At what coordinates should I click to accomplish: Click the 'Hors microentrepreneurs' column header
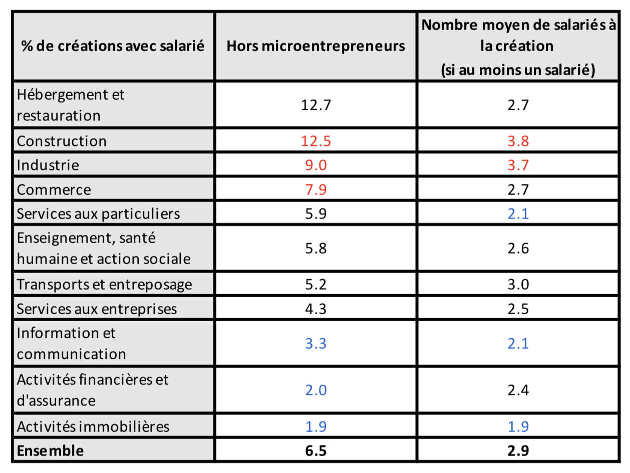pyautogui.click(x=316, y=46)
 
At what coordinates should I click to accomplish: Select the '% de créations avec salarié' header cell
pyautogui.click(x=113, y=46)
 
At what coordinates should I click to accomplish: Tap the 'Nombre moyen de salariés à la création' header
pyautogui.click(x=518, y=46)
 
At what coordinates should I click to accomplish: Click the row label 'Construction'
pyautogui.click(x=62, y=141)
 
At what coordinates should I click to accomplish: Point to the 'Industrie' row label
pyautogui.click(x=48, y=165)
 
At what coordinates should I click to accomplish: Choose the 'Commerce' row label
pyautogui.click(x=54, y=189)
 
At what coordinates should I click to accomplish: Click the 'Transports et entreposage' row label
pyautogui.click(x=104, y=284)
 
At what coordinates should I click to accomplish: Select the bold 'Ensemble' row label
pyautogui.click(x=50, y=450)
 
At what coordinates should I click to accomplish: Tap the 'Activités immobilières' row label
pyautogui.click(x=93, y=426)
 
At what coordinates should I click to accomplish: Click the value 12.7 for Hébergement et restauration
pyautogui.click(x=316, y=105)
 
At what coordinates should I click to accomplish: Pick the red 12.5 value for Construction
pyautogui.click(x=316, y=141)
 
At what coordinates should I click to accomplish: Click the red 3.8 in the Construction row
pyautogui.click(x=518, y=141)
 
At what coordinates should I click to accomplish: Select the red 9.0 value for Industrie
pyautogui.click(x=316, y=165)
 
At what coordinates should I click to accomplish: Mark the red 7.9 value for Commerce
pyautogui.click(x=316, y=189)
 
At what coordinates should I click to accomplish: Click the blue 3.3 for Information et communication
pyautogui.click(x=316, y=343)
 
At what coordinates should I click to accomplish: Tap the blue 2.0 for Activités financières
pyautogui.click(x=316, y=390)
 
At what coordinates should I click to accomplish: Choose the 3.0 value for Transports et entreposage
pyautogui.click(x=518, y=284)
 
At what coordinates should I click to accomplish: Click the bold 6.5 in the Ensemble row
pyautogui.click(x=316, y=450)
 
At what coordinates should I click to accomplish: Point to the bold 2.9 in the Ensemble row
pyautogui.click(x=518, y=450)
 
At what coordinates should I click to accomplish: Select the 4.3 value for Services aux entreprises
pyautogui.click(x=316, y=308)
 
